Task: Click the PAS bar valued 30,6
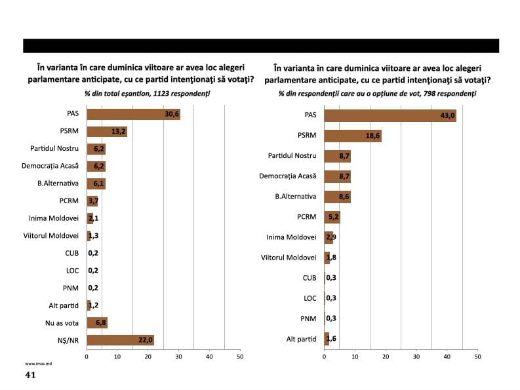tap(133, 114)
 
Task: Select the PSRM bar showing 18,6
tap(352, 136)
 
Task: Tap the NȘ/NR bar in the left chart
tap(120, 340)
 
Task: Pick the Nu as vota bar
tap(96, 322)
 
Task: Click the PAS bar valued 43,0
tap(390, 115)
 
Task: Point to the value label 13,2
tap(119, 132)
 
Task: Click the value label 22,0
tap(145, 340)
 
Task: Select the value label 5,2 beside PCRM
tap(332, 217)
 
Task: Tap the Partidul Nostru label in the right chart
tap(292, 156)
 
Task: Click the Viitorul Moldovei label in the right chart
tap(289, 258)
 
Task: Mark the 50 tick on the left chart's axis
tap(239, 357)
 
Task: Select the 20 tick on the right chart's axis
tap(386, 357)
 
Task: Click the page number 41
tap(30, 375)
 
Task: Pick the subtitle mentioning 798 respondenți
tap(377, 94)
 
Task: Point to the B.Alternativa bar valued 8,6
tap(337, 197)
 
